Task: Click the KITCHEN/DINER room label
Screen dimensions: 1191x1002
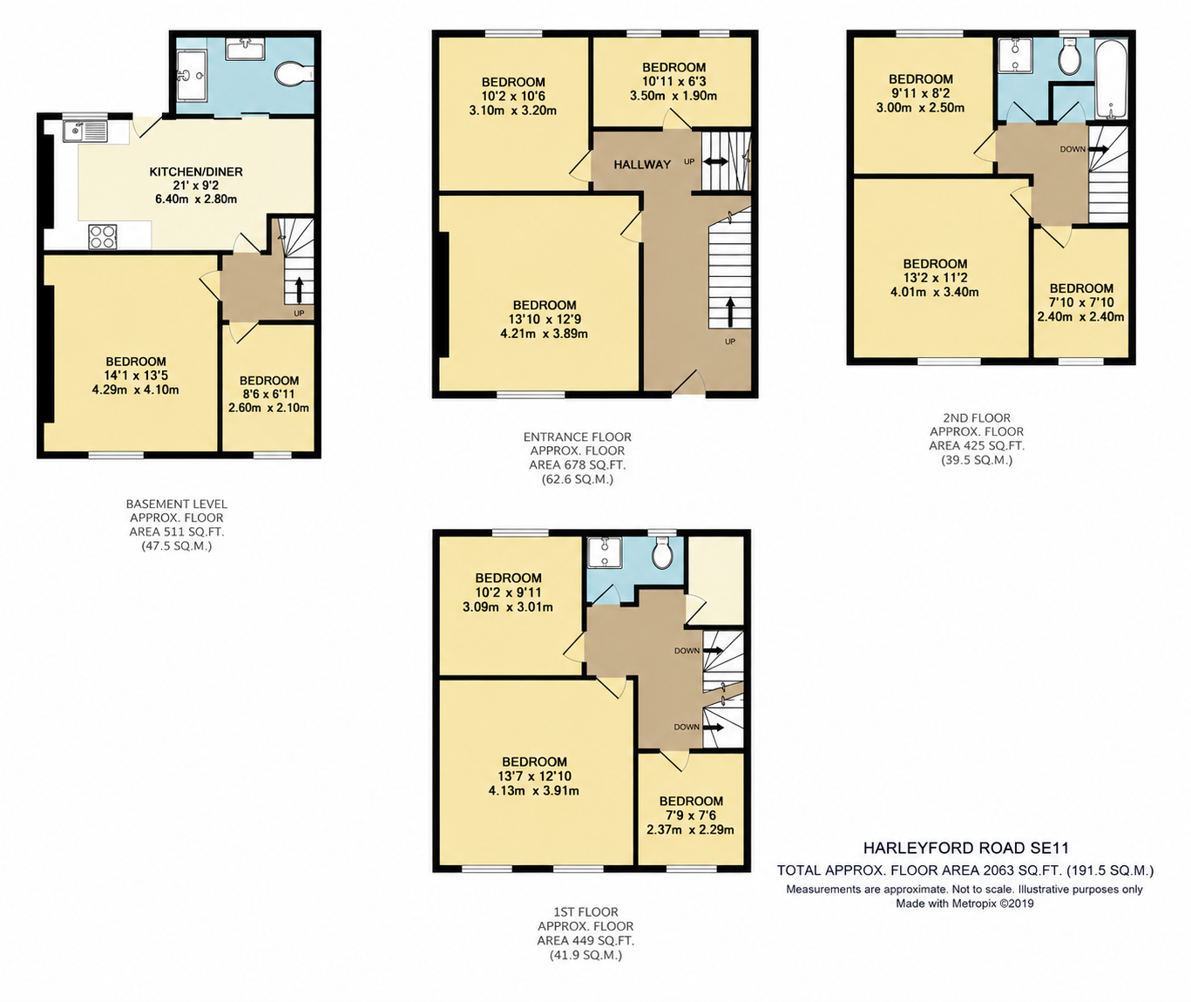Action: point(196,172)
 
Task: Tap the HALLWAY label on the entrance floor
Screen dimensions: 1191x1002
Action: point(642,165)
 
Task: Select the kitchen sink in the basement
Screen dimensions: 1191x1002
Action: point(85,132)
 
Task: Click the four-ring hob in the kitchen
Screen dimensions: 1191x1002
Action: point(103,237)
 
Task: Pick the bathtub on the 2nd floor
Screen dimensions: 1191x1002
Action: point(1111,78)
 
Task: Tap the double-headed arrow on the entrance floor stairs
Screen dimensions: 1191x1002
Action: point(715,161)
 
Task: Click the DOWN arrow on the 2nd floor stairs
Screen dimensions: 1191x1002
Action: point(1099,149)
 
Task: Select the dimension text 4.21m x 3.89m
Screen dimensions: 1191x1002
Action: point(544,334)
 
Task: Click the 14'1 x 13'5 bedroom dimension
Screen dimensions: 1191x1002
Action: point(136,376)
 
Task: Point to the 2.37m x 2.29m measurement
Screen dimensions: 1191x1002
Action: point(690,829)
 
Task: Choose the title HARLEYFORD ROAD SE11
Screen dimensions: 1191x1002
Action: point(965,849)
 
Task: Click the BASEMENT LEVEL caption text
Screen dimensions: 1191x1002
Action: point(176,504)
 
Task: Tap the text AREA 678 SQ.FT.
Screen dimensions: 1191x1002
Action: point(578,465)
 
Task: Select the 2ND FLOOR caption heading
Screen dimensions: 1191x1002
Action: point(977,417)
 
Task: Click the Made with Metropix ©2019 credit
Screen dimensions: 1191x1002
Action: point(964,904)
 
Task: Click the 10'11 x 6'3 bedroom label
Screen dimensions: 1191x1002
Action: point(673,82)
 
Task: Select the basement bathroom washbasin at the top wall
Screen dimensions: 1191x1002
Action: point(246,49)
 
